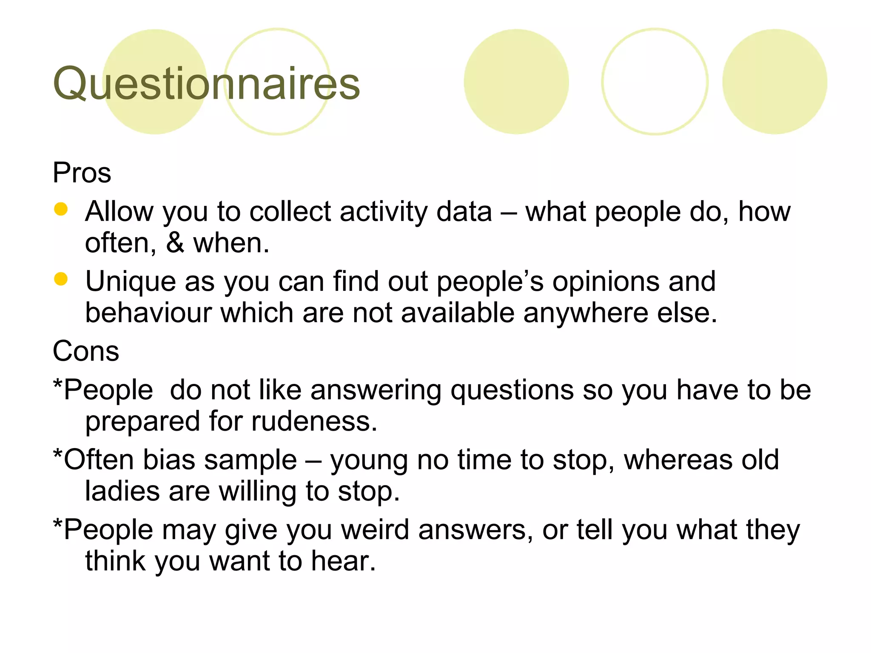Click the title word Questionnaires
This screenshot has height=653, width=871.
tap(206, 84)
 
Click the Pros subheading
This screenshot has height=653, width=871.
tap(82, 173)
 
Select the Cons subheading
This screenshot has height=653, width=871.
tap(85, 352)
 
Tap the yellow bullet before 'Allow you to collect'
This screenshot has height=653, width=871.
tap(61, 209)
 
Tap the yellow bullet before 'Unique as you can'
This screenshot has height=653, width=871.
tap(61, 279)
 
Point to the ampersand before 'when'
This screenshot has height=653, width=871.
tap(175, 243)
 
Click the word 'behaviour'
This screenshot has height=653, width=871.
tap(148, 313)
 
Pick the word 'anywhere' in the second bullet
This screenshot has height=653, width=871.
tap(585, 313)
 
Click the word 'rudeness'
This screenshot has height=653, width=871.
tap(313, 421)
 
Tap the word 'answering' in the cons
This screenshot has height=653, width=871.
tap(376, 390)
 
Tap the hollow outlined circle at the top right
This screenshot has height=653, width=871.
tap(655, 82)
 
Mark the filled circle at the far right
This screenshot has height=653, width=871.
tap(774, 82)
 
